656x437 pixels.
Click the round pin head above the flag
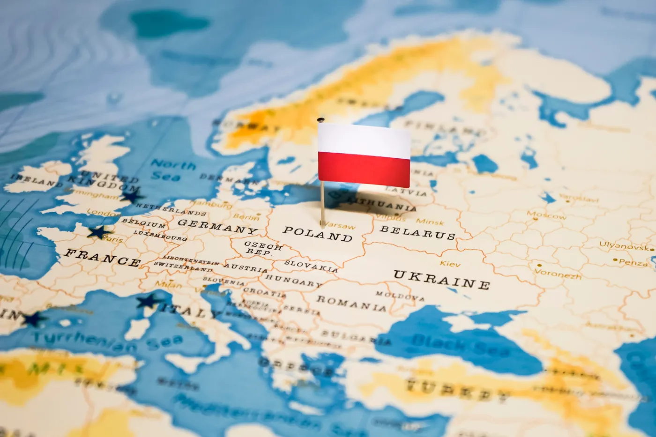[x=321, y=120]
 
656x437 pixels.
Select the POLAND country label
[x=318, y=234]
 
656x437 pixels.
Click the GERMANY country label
[x=217, y=227]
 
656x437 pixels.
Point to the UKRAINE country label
[x=441, y=279]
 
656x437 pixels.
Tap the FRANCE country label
[x=102, y=257]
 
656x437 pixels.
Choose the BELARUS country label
[x=417, y=232]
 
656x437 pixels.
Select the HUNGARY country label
[x=293, y=281]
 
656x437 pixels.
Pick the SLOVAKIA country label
[x=311, y=266]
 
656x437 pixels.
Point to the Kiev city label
[x=450, y=264]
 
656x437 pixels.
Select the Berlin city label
[x=246, y=217]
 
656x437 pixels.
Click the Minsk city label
[x=430, y=222]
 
